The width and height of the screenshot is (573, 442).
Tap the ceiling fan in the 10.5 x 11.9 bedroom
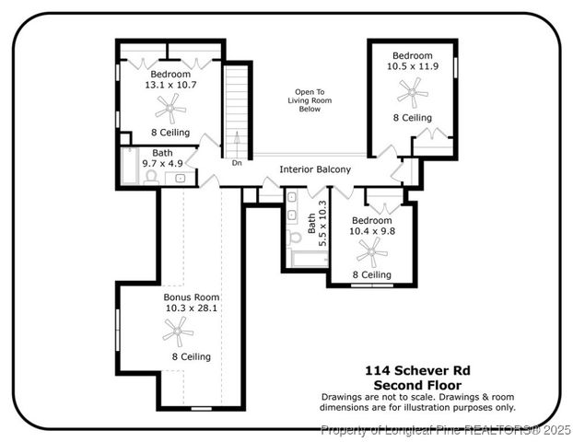click(412, 92)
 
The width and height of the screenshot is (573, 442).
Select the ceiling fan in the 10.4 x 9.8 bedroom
click(371, 251)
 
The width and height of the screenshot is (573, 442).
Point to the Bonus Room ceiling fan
click(178, 331)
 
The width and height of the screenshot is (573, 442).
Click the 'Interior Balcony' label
click(315, 169)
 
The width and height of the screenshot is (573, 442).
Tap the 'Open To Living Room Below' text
click(309, 100)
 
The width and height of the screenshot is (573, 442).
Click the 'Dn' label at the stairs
click(237, 163)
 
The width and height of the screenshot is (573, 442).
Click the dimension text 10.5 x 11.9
click(412, 66)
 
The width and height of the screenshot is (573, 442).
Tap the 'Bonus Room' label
click(191, 297)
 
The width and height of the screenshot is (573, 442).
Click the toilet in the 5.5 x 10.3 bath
click(294, 238)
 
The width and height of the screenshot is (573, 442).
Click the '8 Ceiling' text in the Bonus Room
click(191, 356)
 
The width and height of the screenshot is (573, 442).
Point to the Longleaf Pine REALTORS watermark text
click(446, 429)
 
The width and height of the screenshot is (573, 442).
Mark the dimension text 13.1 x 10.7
click(170, 85)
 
